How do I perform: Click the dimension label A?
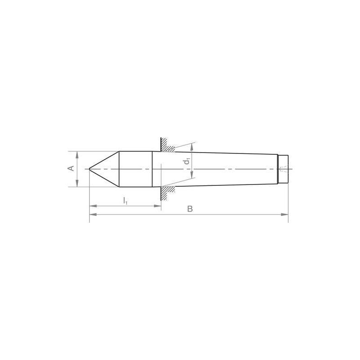[x=70, y=168]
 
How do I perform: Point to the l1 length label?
[x=126, y=200]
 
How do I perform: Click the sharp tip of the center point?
[x=90, y=169]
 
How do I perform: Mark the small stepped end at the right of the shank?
[x=283, y=169]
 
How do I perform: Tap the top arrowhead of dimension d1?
[x=193, y=146]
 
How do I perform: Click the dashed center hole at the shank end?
[x=283, y=170]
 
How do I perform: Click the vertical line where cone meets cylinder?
[x=119, y=169]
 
